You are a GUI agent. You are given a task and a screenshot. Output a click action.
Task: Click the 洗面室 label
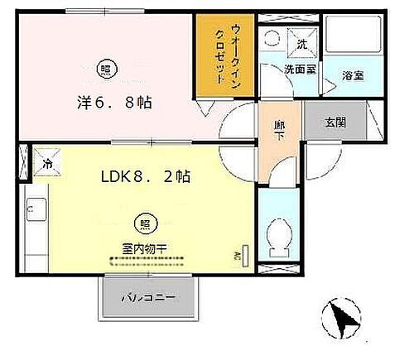pos(301,70)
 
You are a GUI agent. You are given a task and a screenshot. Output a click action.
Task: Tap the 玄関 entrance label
pos(336,122)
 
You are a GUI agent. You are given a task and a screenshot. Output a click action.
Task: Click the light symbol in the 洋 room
pos(105,69)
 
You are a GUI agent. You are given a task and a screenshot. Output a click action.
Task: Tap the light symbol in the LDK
pos(144,222)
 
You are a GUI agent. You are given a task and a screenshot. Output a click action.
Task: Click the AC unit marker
pos(245,257)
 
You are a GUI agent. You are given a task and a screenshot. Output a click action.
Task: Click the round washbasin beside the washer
pos(272,39)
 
